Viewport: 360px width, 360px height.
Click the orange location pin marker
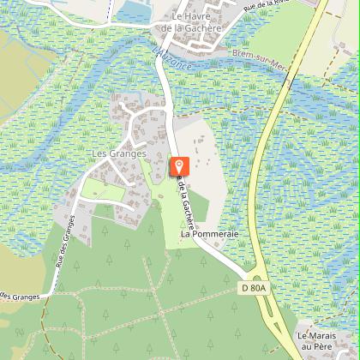(x=179, y=167)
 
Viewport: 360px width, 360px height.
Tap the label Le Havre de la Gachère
(x=196, y=22)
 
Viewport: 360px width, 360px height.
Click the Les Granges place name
(x=118, y=154)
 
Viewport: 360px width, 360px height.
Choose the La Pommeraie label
(x=208, y=233)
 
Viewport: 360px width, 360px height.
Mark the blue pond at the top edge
(x=133, y=11)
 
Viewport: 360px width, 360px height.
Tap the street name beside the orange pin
(x=187, y=201)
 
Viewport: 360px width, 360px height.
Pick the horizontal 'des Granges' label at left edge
(x=19, y=296)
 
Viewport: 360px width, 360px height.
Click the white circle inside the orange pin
(x=179, y=164)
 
